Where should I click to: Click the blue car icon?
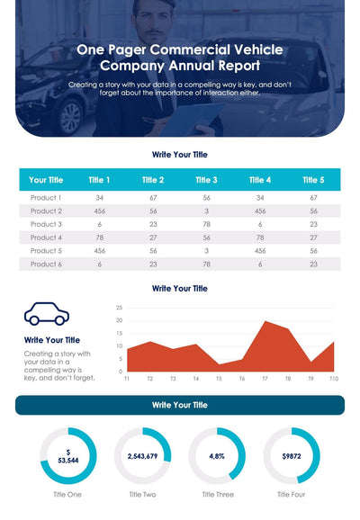47,313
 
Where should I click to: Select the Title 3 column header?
206,180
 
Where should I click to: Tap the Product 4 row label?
46,238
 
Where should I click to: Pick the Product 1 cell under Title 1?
99,197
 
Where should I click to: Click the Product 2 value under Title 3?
206,211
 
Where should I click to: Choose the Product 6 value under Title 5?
314,264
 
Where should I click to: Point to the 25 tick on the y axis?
119,308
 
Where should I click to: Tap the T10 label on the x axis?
334,379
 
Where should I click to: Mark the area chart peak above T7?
265,322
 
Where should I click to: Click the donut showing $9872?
291,456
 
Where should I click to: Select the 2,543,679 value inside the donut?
142,456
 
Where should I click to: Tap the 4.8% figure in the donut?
217,456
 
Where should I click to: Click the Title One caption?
68,494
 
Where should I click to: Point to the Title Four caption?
291,494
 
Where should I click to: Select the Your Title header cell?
46,180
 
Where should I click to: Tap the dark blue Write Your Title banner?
180,406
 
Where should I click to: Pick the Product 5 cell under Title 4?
260,251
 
